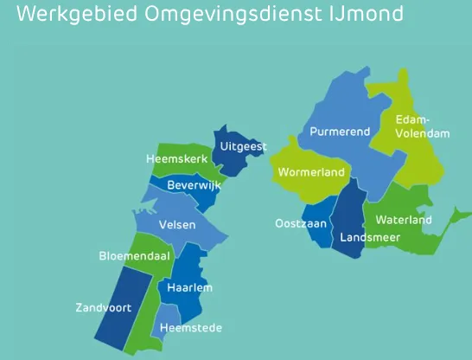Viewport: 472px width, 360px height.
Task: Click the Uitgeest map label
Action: pyautogui.click(x=243, y=147)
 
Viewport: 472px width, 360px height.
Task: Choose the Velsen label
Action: pyautogui.click(x=177, y=225)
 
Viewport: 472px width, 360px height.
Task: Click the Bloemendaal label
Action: pyautogui.click(x=135, y=257)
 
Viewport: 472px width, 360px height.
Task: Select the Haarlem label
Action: pyautogui.click(x=189, y=287)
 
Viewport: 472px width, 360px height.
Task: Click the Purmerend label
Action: pyautogui.click(x=341, y=132)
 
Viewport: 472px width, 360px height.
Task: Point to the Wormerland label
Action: pyautogui.click(x=311, y=172)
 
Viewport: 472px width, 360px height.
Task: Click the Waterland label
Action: pyautogui.click(x=404, y=220)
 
